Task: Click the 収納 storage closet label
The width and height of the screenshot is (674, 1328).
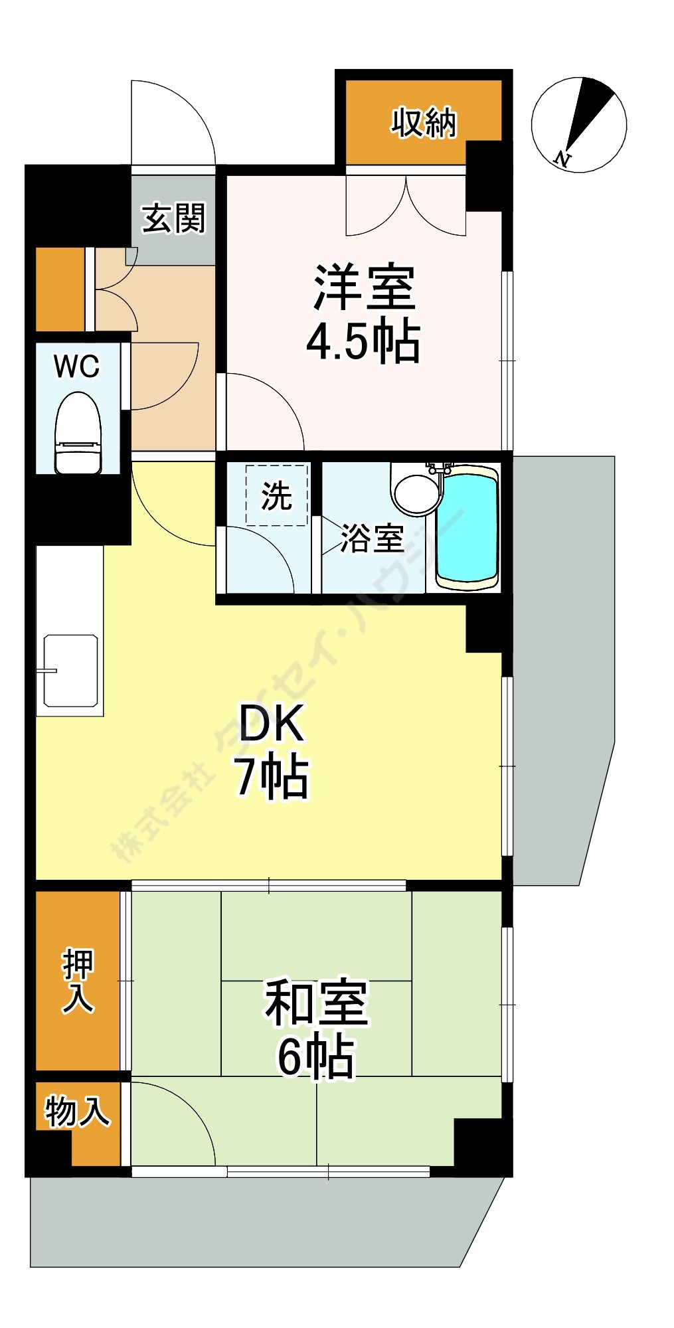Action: (424, 123)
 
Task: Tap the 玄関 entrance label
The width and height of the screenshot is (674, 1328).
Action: (174, 218)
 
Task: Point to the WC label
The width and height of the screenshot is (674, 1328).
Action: (77, 366)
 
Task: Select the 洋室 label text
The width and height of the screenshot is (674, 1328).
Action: (365, 288)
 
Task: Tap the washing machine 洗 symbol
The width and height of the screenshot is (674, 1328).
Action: (276, 495)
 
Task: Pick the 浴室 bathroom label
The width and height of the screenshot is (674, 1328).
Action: (373, 538)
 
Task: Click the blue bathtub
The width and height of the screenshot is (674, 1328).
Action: (467, 527)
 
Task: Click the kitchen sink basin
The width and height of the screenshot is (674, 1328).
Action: (71, 671)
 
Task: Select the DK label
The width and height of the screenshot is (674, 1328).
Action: (271, 724)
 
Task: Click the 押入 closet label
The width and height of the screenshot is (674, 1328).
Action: (78, 981)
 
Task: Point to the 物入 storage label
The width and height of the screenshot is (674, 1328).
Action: (77, 1112)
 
